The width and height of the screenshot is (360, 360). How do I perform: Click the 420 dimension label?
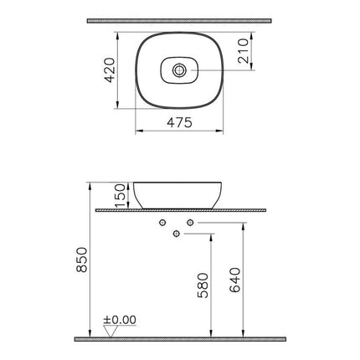[110, 70]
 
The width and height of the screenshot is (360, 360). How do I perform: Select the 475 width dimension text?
[179, 122]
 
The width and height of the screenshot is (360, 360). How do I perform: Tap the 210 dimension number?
[243, 51]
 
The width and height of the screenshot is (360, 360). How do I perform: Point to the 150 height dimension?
[120, 195]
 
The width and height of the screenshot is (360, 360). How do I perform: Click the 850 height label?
[82, 260]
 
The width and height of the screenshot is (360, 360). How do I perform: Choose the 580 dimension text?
[203, 285]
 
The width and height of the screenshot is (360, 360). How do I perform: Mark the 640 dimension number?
[234, 280]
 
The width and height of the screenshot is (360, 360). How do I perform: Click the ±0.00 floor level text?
[120, 320]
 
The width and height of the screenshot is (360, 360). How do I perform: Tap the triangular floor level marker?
[111, 332]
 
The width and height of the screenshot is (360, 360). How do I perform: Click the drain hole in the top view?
[179, 70]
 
